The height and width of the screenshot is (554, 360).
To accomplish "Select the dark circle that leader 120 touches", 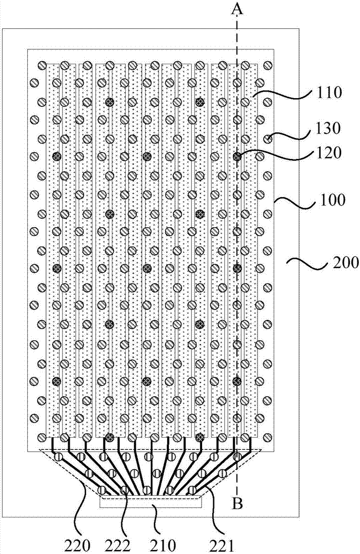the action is [x=238, y=157].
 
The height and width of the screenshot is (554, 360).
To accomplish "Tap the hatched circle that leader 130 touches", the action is [x=268, y=138].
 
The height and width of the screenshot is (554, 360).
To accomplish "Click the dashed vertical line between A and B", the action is [x=238, y=277].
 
